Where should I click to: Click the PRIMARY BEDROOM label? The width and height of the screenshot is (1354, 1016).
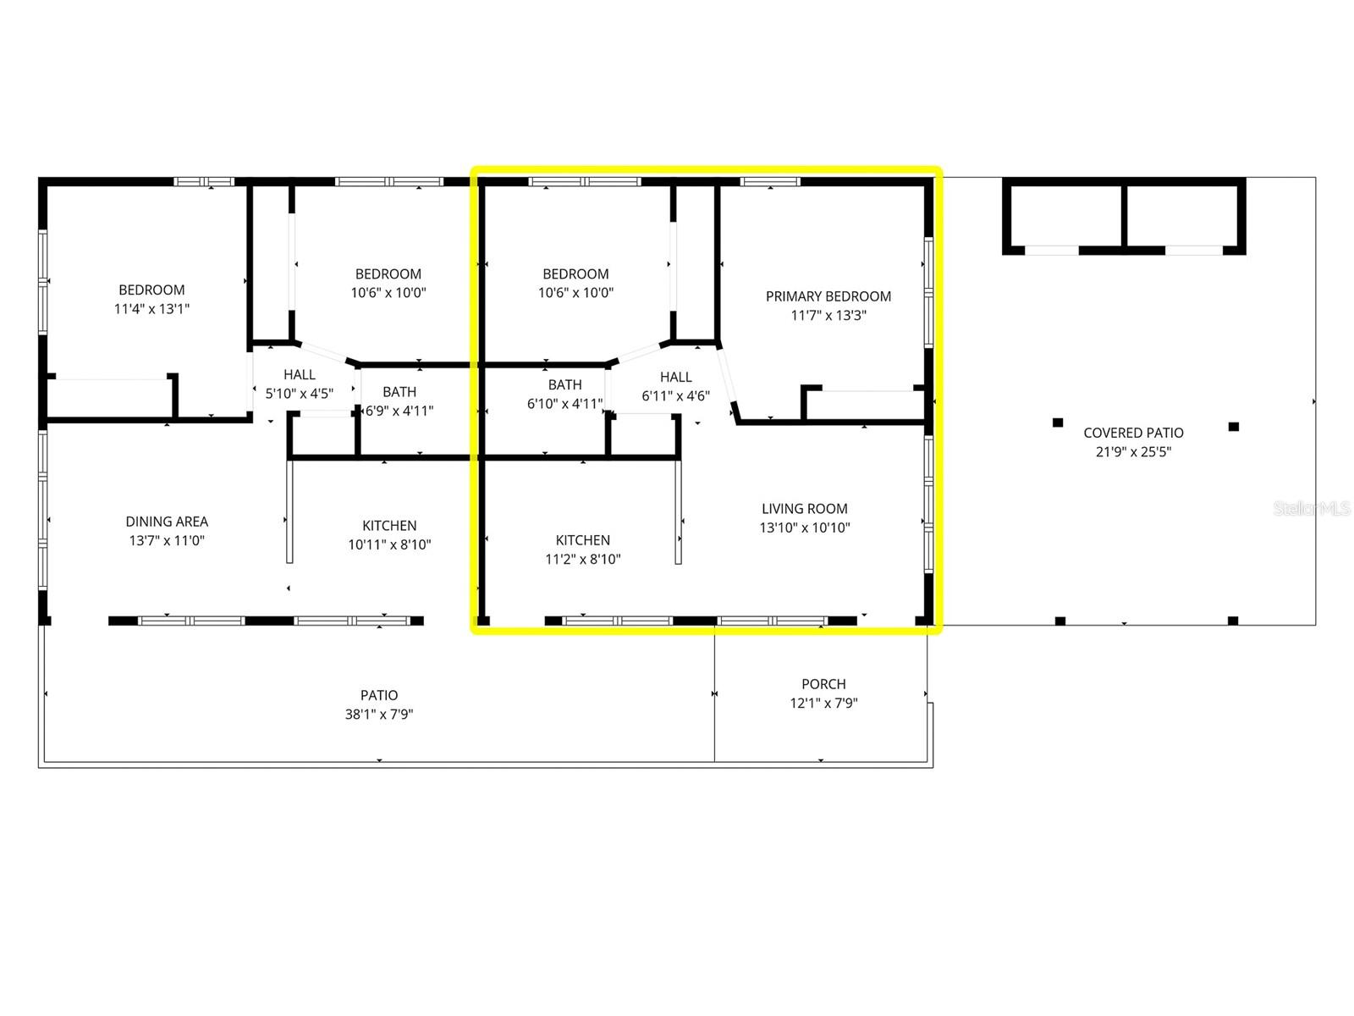coord(828,296)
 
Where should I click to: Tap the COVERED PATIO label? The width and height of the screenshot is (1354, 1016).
coord(1133,433)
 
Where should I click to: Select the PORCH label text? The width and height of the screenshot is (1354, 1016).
coord(823,684)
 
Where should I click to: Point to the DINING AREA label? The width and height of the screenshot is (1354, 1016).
coord(167,522)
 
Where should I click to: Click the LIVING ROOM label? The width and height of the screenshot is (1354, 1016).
coord(804,509)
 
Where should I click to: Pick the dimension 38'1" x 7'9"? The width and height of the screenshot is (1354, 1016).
coord(378,714)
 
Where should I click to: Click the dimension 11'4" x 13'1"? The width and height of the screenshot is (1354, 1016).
coord(151,308)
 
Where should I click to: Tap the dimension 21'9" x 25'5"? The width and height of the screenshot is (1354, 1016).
coord(1133,451)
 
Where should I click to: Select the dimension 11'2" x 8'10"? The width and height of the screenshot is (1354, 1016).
coord(582,559)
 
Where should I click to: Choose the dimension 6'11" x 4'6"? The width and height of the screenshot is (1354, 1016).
coord(675,395)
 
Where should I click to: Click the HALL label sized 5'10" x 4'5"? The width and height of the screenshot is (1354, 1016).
coord(300,374)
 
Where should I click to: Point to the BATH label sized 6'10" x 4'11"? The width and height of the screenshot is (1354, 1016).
coord(564,385)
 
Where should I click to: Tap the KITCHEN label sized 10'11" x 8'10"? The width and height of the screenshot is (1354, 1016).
coord(389,526)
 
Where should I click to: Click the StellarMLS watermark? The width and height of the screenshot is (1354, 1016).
coord(1311,508)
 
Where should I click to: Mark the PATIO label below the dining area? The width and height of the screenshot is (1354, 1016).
coord(378,695)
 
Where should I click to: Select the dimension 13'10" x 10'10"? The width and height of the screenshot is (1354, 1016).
coord(804,527)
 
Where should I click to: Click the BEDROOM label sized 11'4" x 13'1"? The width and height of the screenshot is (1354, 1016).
coord(151,290)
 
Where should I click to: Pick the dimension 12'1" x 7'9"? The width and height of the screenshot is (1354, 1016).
coord(823,703)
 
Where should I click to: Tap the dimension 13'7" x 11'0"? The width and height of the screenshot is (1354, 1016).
coord(167,540)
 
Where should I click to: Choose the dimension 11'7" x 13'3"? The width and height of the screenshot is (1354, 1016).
coord(828,315)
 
